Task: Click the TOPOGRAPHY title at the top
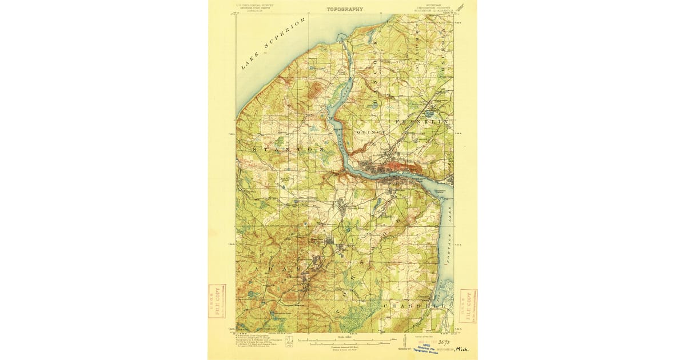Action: (345, 9)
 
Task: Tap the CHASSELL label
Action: (409, 306)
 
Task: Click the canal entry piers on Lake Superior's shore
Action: (341, 38)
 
